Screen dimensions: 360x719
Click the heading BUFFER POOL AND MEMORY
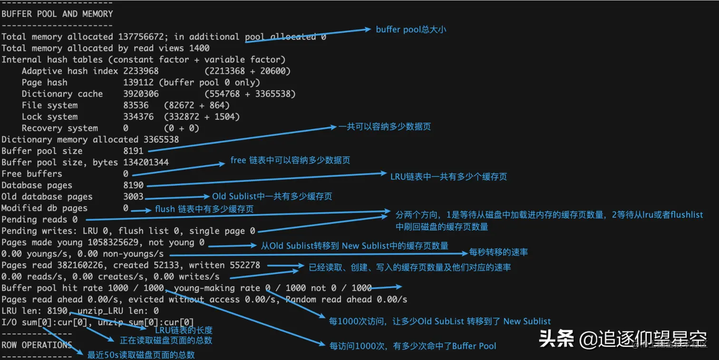click(57, 14)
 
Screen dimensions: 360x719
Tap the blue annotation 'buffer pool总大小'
click(411, 29)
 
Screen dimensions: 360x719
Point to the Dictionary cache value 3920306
click(141, 94)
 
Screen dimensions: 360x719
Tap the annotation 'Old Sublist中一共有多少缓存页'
click(272, 196)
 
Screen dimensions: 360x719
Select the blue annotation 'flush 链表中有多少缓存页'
click(204, 209)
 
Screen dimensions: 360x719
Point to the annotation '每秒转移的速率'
click(498, 252)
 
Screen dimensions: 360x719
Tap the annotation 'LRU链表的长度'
click(184, 330)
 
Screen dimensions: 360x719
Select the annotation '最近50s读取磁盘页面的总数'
click(141, 355)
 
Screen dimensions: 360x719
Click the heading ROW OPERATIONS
click(37, 345)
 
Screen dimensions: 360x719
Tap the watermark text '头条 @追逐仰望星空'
click(622, 339)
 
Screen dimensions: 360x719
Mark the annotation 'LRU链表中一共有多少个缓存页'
click(448, 176)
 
